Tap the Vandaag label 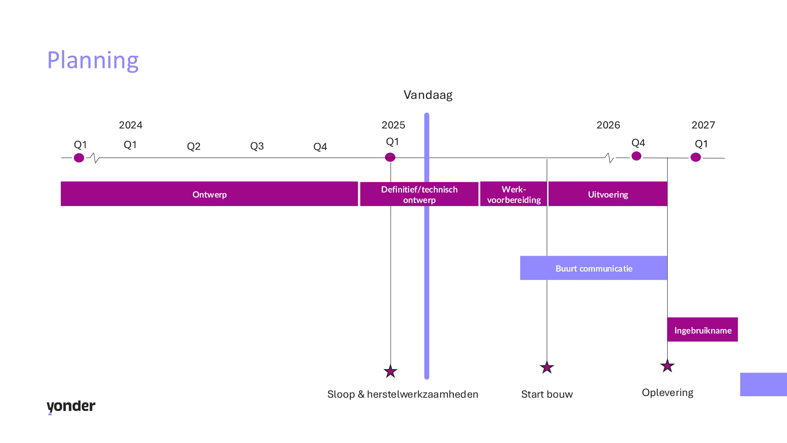click(428, 95)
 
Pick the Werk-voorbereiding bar click(513, 194)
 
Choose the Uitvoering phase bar click(608, 194)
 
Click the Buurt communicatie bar click(594, 268)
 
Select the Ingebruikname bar click(702, 330)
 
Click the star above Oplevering click(667, 366)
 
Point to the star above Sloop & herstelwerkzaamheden click(390, 371)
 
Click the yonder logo click(71, 406)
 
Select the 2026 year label click(608, 125)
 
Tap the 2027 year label click(703, 125)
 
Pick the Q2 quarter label click(193, 146)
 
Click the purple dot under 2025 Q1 click(390, 157)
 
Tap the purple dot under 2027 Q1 click(695, 157)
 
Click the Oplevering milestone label click(668, 393)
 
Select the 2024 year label click(130, 125)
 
